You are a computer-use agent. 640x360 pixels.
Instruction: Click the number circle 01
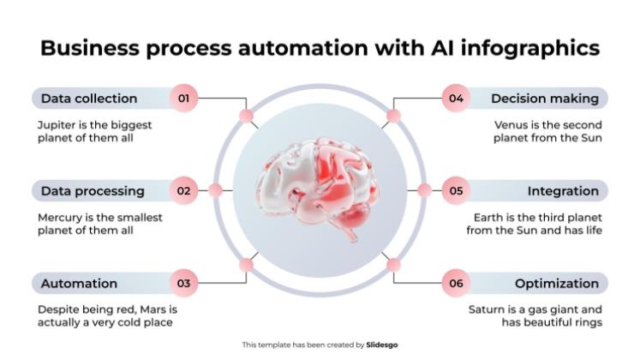(183, 98)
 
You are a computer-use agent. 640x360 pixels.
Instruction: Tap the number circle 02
(183, 190)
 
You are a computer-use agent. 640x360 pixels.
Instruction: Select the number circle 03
(183, 283)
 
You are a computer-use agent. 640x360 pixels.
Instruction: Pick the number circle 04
(456, 98)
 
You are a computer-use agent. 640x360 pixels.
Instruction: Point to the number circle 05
(456, 190)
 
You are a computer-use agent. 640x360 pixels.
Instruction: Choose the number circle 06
(456, 283)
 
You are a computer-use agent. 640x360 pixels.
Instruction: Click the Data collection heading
(89, 98)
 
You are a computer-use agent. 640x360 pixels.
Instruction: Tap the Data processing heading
(93, 190)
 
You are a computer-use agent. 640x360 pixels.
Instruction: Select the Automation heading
(79, 283)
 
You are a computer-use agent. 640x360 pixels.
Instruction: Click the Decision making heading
(544, 98)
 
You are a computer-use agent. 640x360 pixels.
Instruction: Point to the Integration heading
(563, 190)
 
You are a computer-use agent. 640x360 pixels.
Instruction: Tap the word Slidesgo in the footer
(382, 345)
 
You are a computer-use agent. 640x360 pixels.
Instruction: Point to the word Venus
(511, 124)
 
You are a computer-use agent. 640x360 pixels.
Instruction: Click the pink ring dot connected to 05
(424, 190)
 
